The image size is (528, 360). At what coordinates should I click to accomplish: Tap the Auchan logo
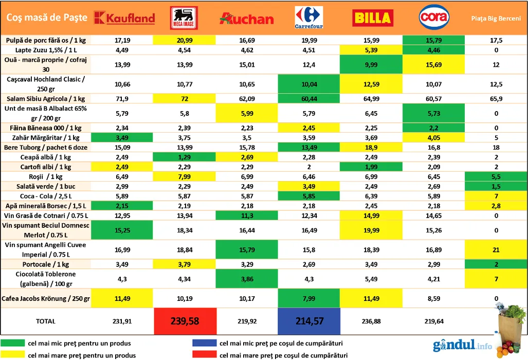[x=246, y=19]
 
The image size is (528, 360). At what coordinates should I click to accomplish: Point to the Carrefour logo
[x=309, y=17]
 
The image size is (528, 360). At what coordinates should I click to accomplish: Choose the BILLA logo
[x=373, y=18]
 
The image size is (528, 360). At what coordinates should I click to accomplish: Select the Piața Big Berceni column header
[x=496, y=19]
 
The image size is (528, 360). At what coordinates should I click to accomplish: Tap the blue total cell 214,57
[x=309, y=321]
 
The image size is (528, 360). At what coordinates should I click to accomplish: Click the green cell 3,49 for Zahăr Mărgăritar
[x=122, y=137]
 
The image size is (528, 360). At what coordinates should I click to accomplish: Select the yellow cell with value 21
[x=496, y=250]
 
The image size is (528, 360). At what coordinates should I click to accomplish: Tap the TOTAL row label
[x=45, y=321]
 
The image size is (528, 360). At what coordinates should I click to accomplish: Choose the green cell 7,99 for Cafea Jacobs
[x=309, y=298]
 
